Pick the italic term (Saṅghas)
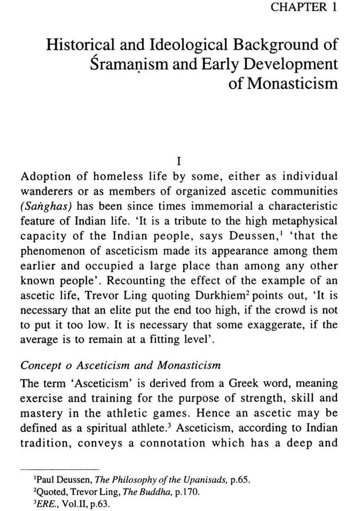[x=43, y=206]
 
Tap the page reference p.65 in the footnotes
[x=240, y=480]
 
